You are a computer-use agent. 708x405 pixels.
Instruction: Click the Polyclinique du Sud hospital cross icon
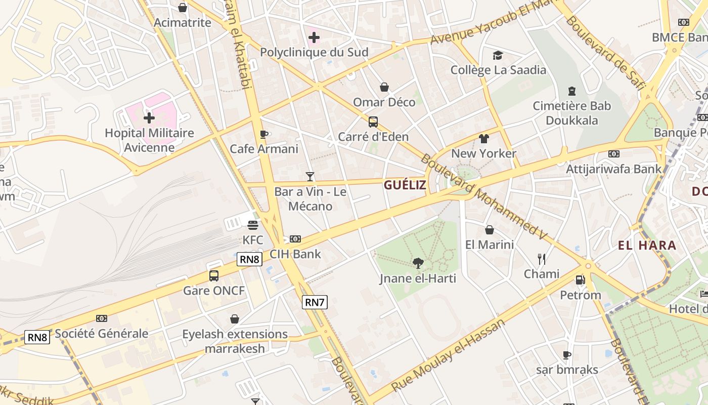(314, 37)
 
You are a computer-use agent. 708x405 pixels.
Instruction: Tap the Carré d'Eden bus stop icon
(373, 121)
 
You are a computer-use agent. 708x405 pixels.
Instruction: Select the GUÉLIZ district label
(405, 185)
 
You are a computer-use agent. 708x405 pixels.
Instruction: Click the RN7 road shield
(315, 302)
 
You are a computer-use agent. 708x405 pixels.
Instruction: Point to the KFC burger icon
(253, 225)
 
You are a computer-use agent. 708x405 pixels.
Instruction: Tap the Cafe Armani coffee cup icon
(263, 134)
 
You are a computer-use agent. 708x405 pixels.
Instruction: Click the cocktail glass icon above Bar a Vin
(310, 177)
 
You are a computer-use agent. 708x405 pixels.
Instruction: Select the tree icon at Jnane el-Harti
(418, 263)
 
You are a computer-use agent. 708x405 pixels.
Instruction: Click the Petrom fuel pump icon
(580, 279)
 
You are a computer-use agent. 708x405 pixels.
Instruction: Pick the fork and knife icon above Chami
(542, 259)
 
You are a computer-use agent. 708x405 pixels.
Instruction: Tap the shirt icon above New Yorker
(484, 138)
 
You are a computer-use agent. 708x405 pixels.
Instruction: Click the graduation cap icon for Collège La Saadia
(498, 55)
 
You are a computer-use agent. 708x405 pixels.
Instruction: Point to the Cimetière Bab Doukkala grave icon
(572, 91)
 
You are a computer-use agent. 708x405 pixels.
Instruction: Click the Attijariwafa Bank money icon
(613, 154)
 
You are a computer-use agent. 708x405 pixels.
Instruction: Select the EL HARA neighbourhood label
(647, 246)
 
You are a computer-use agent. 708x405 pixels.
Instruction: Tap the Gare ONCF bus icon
(214, 276)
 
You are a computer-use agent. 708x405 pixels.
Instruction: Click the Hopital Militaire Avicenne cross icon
(149, 118)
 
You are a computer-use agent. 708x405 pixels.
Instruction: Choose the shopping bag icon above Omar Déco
(384, 87)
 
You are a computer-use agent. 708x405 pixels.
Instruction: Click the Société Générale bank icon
(102, 318)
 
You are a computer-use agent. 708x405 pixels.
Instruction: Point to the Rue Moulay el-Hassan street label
(448, 355)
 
